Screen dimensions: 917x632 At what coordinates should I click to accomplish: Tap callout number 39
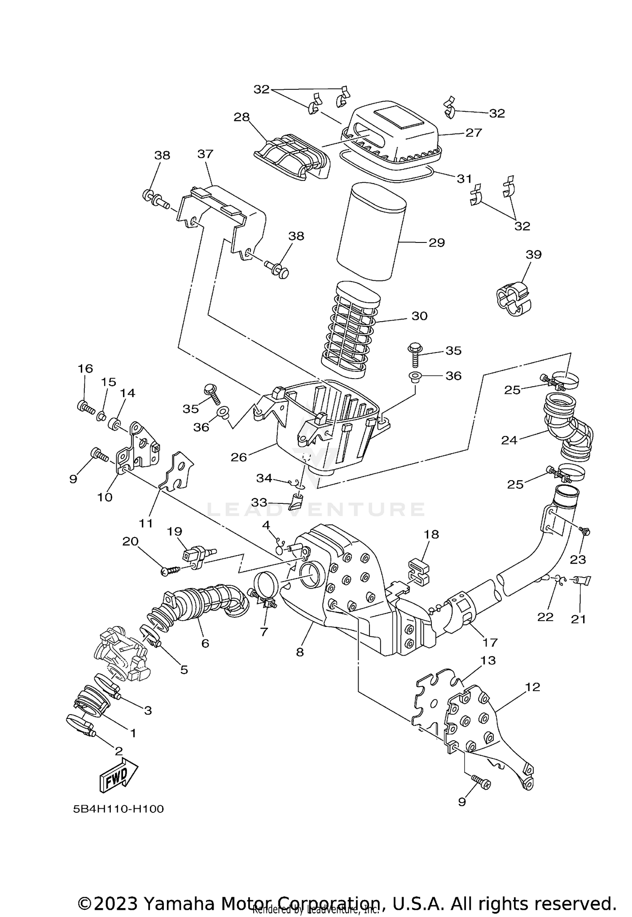(533, 255)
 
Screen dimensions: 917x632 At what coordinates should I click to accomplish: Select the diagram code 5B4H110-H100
(118, 809)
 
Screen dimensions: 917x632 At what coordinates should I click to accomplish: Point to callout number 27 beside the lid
(473, 132)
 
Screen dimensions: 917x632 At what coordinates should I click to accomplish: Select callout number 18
(431, 534)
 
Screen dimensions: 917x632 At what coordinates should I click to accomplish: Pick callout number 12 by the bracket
(532, 687)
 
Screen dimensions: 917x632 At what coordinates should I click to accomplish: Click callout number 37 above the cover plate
(205, 154)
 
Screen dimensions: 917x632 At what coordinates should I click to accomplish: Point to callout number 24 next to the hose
(509, 440)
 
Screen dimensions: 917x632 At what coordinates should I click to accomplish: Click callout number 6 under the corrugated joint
(205, 643)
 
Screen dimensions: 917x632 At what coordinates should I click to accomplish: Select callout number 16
(85, 368)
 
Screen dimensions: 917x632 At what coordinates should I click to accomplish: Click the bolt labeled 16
(86, 407)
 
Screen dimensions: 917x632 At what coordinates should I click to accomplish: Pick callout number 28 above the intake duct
(242, 117)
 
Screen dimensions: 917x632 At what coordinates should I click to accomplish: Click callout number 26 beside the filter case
(238, 457)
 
